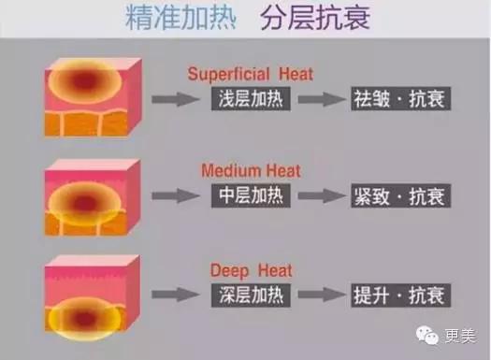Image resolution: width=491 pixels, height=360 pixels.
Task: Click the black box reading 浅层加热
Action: click(251, 99)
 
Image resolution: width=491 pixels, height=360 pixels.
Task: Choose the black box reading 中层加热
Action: click(251, 196)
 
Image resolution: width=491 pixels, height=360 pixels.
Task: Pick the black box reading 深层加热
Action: click(251, 295)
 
